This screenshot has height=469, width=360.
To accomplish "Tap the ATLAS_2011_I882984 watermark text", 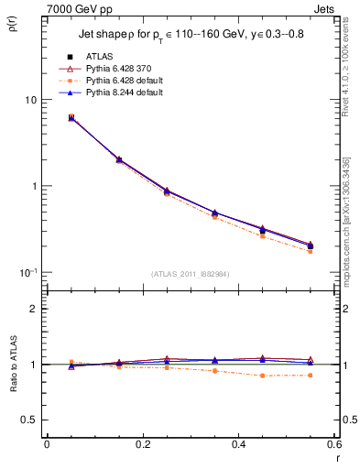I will pos(190,274).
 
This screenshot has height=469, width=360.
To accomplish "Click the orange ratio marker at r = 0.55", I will pos(310,375).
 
